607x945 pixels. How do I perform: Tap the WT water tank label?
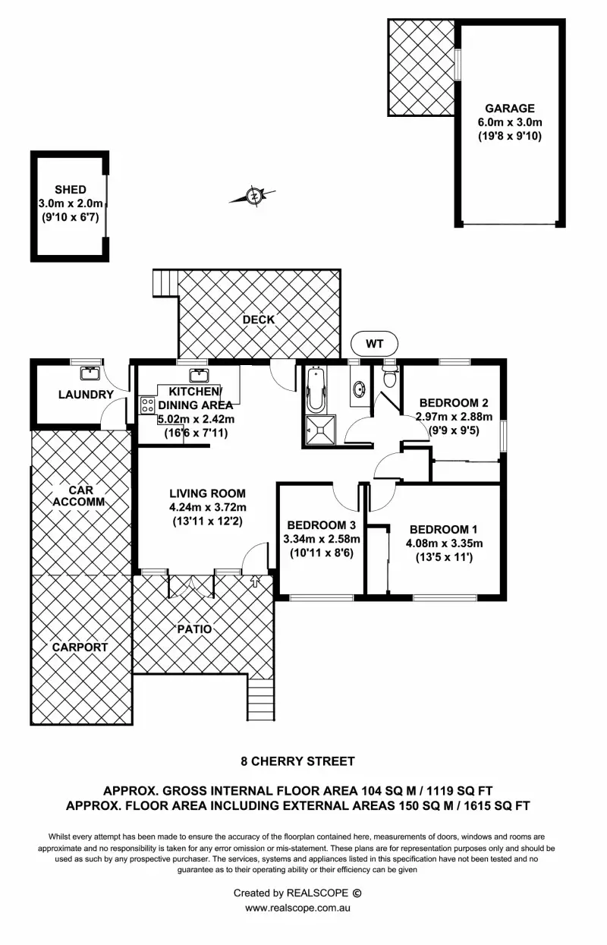[375, 344]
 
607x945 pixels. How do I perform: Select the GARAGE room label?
[510, 109]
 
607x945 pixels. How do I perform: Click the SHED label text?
[70, 190]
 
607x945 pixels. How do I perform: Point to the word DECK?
[258, 320]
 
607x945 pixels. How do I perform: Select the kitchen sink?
[200, 374]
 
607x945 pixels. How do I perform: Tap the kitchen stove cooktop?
[147, 405]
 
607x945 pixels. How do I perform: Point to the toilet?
[391, 376]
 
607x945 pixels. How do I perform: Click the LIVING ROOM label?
[207, 493]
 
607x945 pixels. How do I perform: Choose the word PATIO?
[195, 629]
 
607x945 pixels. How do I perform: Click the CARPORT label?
[80, 647]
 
